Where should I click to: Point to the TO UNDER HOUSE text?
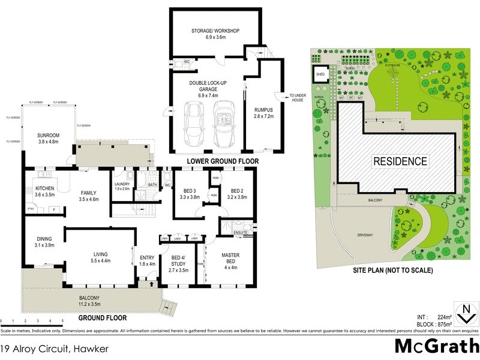(298, 98)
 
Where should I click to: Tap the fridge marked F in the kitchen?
(53, 209)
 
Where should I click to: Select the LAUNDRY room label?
(122, 185)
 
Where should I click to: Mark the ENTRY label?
(147, 260)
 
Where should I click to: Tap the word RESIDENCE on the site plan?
(400, 161)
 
